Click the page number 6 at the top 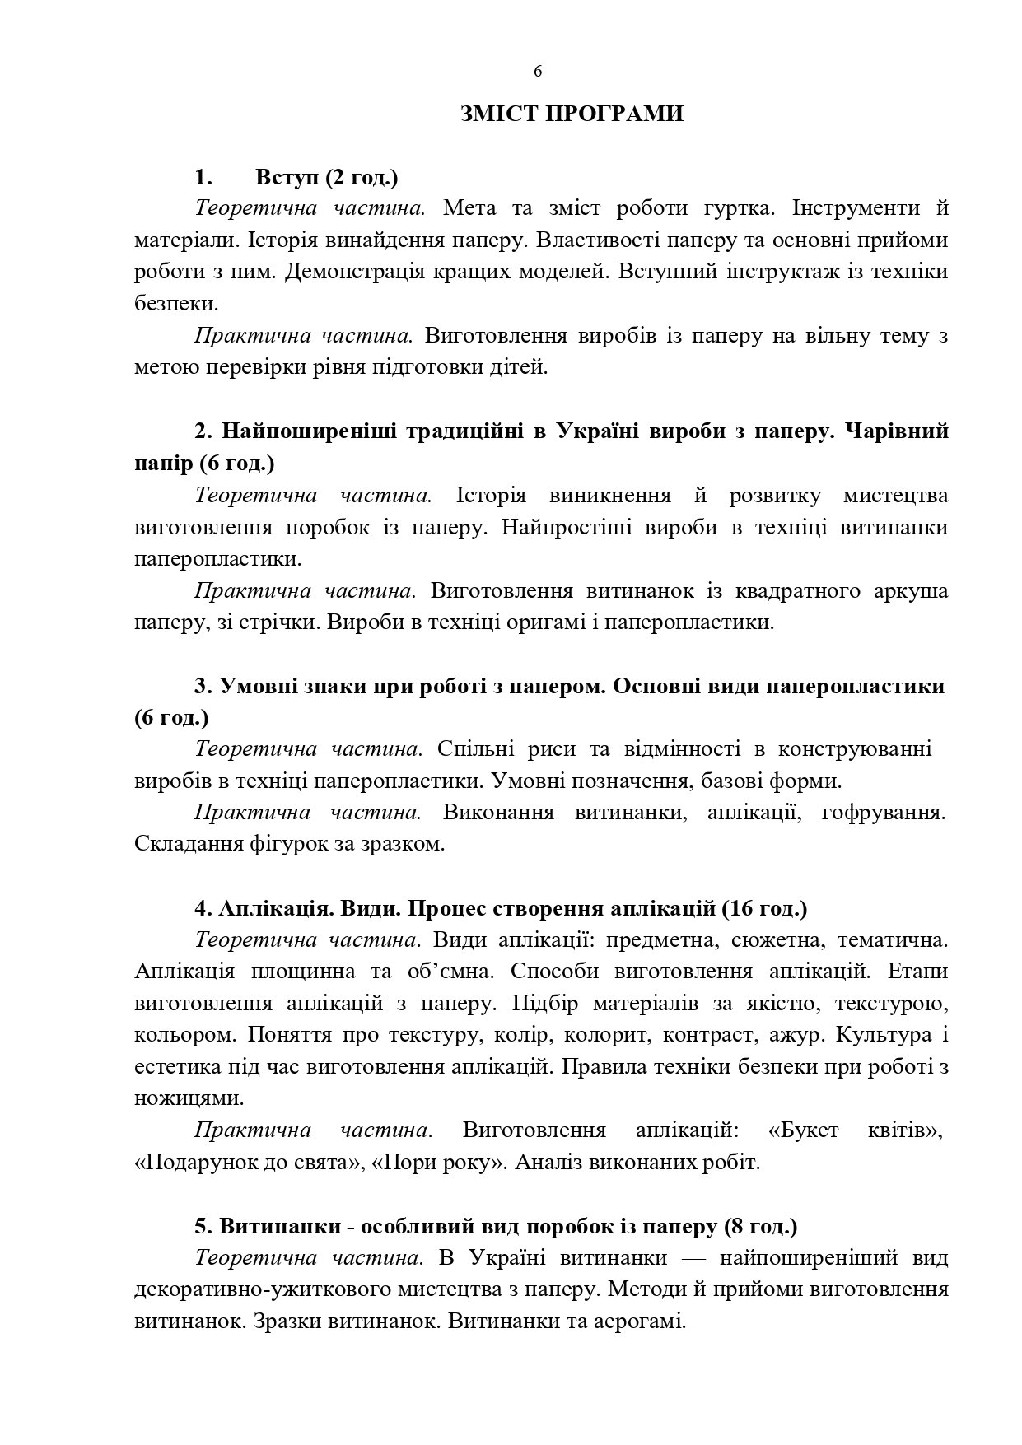[x=538, y=72]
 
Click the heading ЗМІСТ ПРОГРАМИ [x=572, y=114]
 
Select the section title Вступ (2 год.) [x=327, y=177]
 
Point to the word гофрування [x=883, y=813]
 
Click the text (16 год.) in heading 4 [x=764, y=909]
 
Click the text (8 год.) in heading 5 [x=761, y=1227]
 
